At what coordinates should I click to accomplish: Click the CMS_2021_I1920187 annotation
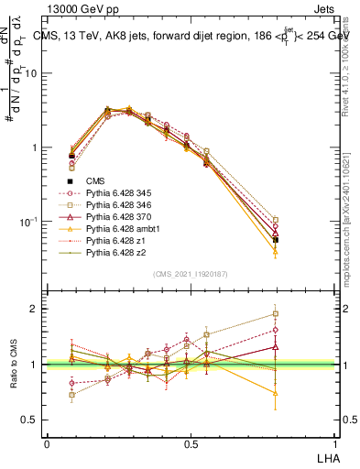coord(191,273)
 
